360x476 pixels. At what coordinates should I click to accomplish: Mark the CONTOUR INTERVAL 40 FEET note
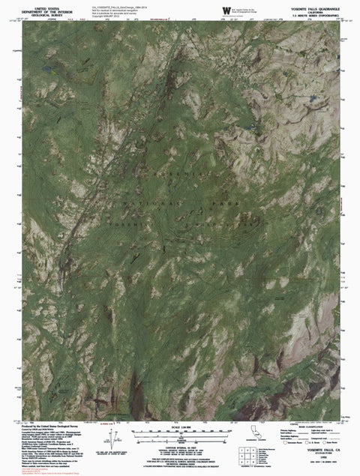coord(180,442)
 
